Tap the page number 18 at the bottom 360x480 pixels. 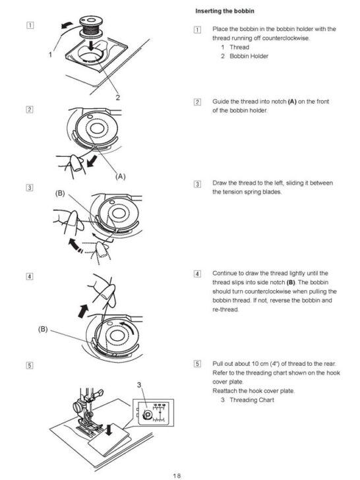pyautogui.click(x=177, y=474)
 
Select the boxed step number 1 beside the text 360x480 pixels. pyautogui.click(x=198, y=30)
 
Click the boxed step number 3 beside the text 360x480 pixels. pyautogui.click(x=198, y=183)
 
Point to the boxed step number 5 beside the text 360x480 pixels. pyautogui.click(x=198, y=363)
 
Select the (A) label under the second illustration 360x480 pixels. pyautogui.click(x=121, y=176)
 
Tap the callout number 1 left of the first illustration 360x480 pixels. pyautogui.click(x=50, y=55)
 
